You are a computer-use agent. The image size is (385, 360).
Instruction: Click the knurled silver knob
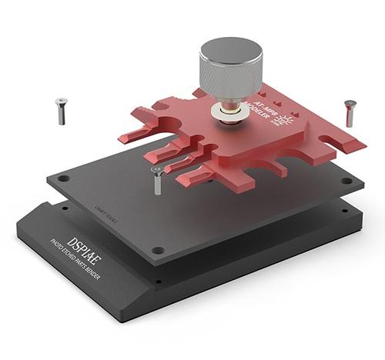point(230,74)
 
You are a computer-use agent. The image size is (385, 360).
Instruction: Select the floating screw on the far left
point(60,111)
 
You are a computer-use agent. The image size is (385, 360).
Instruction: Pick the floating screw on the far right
point(350,112)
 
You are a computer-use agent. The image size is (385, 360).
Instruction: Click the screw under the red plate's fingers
point(157,178)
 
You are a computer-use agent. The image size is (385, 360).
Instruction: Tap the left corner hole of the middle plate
point(64,178)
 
